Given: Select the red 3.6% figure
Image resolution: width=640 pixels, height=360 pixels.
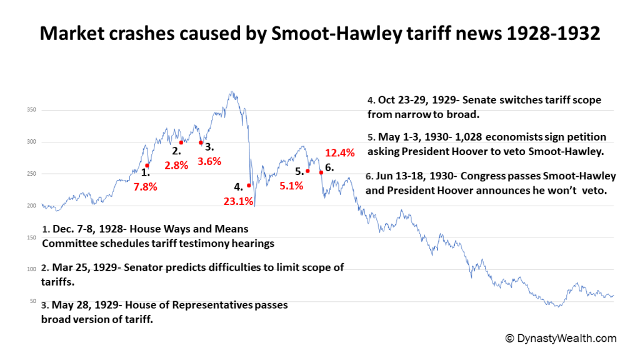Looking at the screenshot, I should click(x=210, y=161).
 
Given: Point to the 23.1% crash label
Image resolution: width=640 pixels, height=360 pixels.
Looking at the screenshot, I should click(x=238, y=201).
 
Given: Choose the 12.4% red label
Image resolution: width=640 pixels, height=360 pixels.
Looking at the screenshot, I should click(x=340, y=152).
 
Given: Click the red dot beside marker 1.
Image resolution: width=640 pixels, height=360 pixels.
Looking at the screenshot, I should click(x=147, y=166).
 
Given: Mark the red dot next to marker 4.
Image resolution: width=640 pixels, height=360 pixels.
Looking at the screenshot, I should click(x=249, y=185).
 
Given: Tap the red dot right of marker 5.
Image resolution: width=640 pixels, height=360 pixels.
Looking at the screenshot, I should click(x=308, y=171).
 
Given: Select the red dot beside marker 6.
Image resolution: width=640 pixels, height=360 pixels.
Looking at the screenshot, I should click(x=321, y=172).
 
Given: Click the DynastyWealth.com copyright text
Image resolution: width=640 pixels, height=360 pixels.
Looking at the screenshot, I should click(x=561, y=338).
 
